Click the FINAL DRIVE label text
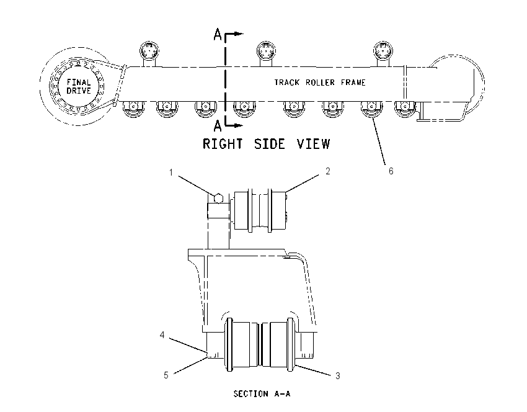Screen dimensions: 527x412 tap(79, 86)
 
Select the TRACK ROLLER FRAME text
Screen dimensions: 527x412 tap(320, 83)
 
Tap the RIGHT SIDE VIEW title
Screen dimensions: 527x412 tap(266, 144)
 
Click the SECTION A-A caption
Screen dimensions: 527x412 tap(262, 393)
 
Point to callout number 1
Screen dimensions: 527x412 tap(170, 172)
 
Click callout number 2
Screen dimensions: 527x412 tap(328, 171)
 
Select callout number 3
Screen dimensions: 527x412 tap(338, 375)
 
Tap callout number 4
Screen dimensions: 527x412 tap(162, 335)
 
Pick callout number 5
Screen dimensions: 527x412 tap(166, 375)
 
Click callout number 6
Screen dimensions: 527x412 tap(391, 171)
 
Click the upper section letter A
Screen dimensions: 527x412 tap(218, 34)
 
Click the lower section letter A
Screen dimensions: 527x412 tap(218, 126)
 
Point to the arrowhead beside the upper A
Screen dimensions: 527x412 tap(239, 34)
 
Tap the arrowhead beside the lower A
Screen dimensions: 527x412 tap(239, 125)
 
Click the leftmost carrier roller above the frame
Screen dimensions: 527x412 tap(149, 52)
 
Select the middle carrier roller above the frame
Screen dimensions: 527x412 tap(266, 52)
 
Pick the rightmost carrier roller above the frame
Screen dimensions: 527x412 tap(383, 52)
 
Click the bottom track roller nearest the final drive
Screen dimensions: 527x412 tap(134, 109)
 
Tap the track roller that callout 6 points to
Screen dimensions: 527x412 tap(371, 109)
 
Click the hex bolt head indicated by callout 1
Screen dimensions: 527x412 tap(218, 198)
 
